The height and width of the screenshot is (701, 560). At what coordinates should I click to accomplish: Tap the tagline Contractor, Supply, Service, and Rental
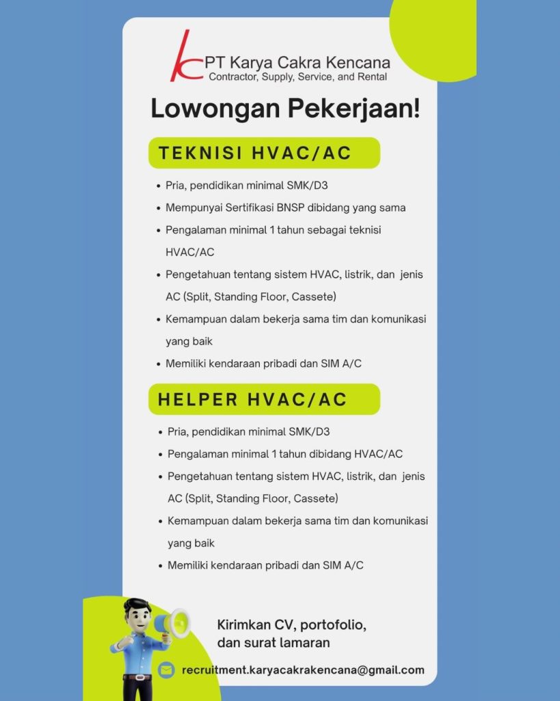pyautogui.click(x=297, y=77)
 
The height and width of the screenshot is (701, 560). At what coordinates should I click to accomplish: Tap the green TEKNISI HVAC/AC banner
pyautogui.click(x=264, y=153)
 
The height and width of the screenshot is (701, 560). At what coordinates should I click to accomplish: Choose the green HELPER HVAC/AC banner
pyautogui.click(x=264, y=400)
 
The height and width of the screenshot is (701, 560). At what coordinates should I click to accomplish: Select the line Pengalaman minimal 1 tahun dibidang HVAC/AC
pyautogui.click(x=285, y=454)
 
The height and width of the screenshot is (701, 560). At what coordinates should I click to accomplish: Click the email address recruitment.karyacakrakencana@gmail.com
pyautogui.click(x=303, y=670)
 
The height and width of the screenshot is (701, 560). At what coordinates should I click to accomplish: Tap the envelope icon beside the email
pyautogui.click(x=166, y=670)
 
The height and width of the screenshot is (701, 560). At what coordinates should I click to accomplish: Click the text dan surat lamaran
pyautogui.click(x=273, y=643)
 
